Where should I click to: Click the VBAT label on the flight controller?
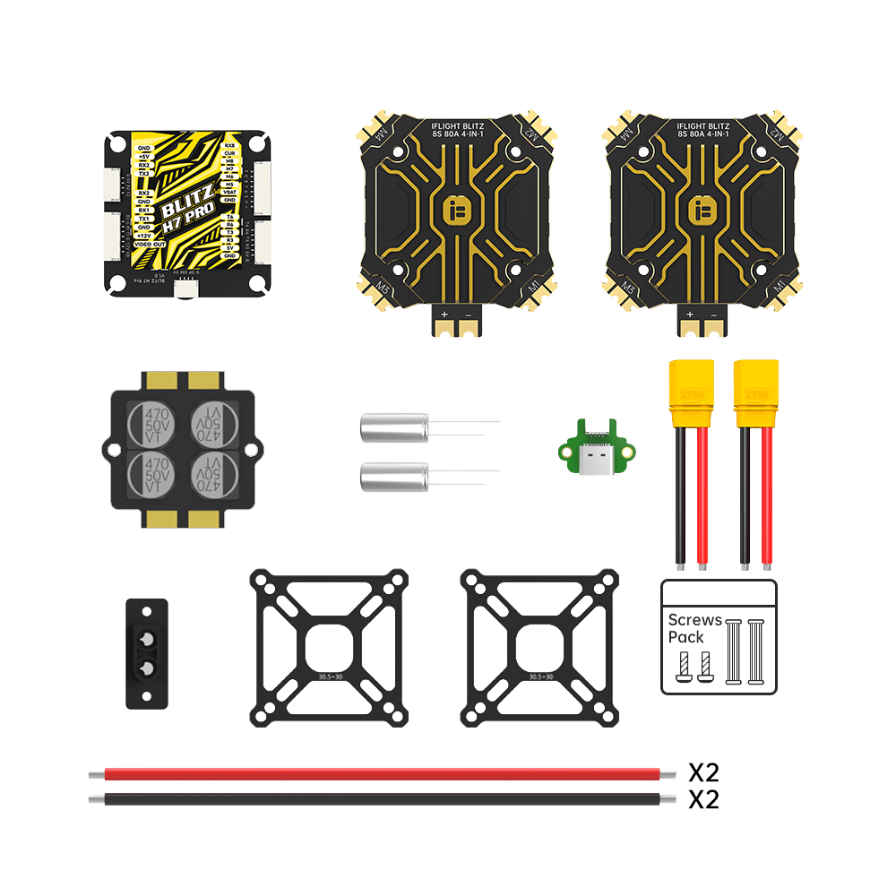click(229, 192)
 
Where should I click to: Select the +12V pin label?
click(144, 236)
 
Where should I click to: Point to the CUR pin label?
click(229, 153)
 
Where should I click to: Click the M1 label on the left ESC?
click(532, 289)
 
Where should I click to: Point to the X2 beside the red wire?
click(703, 772)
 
